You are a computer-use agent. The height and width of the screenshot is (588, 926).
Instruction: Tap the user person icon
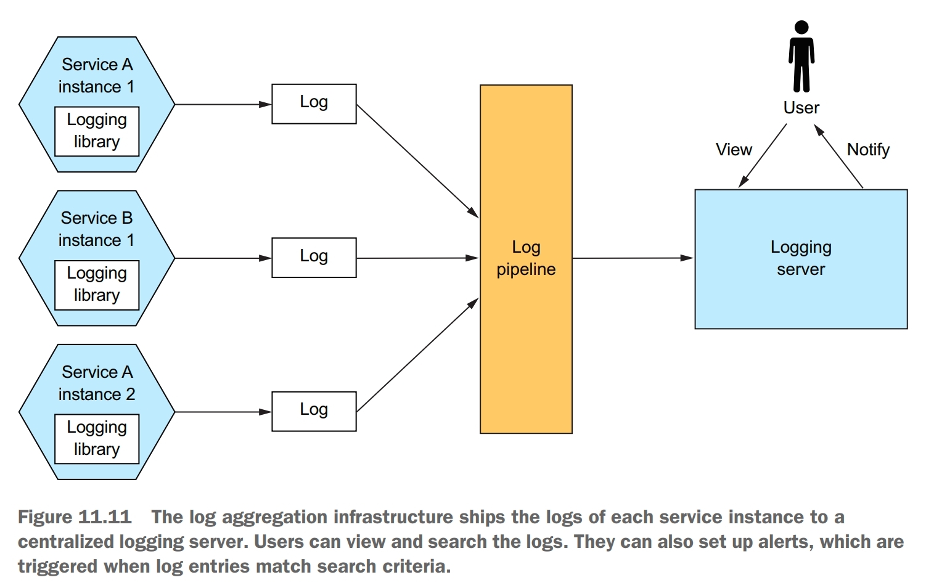(801, 57)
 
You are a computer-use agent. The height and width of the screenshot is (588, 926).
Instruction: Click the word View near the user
(734, 150)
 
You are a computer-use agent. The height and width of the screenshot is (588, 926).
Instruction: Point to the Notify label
(868, 150)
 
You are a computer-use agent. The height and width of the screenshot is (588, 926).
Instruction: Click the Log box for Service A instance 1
(314, 104)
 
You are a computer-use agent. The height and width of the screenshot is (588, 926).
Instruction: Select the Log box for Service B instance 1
(314, 258)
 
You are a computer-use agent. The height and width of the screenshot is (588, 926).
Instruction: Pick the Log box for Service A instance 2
(314, 411)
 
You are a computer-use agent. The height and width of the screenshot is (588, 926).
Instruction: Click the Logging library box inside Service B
(97, 285)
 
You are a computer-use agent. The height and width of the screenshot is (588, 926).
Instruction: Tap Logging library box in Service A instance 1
(97, 131)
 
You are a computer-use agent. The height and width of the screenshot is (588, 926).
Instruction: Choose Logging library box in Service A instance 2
(97, 439)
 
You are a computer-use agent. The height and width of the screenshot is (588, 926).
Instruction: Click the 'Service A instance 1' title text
(97, 76)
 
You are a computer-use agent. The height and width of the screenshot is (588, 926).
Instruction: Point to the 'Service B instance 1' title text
(97, 229)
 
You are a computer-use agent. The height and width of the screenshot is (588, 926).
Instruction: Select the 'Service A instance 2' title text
(97, 383)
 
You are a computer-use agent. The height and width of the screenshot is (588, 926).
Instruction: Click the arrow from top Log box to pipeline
(417, 161)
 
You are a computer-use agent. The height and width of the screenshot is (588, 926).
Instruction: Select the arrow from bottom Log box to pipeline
(417, 355)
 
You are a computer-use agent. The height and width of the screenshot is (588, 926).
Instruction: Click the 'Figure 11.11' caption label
(75, 517)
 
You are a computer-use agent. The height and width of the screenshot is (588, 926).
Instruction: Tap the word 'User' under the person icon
(801, 108)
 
